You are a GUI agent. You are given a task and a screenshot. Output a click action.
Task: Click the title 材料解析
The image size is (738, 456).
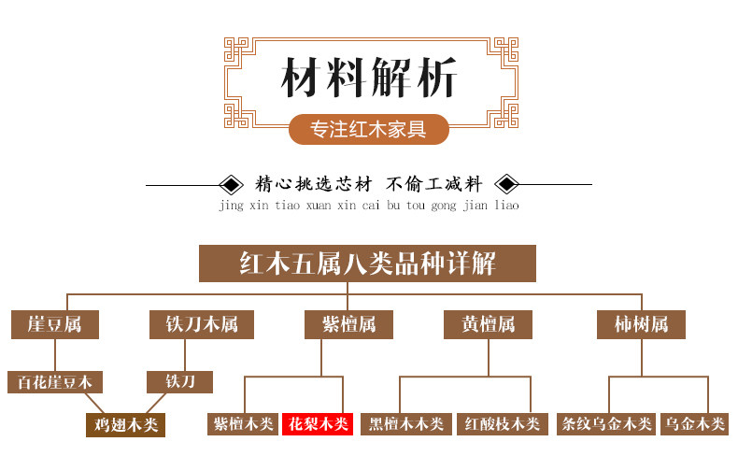tap(369, 77)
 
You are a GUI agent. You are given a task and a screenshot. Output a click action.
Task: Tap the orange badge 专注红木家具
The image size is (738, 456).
tap(369, 129)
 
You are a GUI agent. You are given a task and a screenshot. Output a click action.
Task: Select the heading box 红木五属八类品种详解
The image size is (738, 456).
tap(367, 264)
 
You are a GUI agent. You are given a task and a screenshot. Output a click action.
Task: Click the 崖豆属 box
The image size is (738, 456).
tap(54, 324)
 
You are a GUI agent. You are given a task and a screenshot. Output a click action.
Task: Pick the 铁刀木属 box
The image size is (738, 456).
tap(202, 324)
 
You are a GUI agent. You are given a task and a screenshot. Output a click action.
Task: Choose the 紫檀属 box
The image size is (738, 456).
tap(348, 324)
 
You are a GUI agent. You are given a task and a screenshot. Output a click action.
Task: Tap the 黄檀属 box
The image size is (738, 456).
tap(488, 324)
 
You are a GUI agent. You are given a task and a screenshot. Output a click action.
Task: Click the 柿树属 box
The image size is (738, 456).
tap(641, 324)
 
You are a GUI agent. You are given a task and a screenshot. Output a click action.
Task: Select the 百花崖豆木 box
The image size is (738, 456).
tap(55, 382)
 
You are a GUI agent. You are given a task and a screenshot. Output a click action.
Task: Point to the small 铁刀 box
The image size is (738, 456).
tap(179, 382)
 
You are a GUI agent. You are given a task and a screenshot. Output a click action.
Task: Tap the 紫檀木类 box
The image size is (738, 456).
tap(243, 424)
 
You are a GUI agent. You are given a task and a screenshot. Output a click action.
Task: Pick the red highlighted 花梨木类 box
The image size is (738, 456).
tap(317, 424)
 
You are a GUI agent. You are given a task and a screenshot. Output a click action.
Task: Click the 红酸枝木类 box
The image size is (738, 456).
tap(502, 424)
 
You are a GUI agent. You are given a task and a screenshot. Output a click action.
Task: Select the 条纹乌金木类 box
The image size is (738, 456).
tap(605, 424)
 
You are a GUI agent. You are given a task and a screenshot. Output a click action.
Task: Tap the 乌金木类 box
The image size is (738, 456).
tap(693, 424)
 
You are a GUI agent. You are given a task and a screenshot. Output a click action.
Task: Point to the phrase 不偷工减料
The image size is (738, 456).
tap(433, 183)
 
